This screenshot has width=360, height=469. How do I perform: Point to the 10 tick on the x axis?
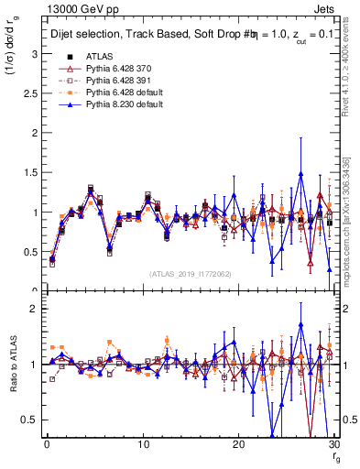click(143, 444)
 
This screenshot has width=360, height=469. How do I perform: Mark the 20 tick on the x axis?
click(238, 444)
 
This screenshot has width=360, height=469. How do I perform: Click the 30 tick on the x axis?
click(333, 444)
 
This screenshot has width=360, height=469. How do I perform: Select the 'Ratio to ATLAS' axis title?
click(13, 366)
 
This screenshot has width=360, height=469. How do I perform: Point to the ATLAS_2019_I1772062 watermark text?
click(190, 273)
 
